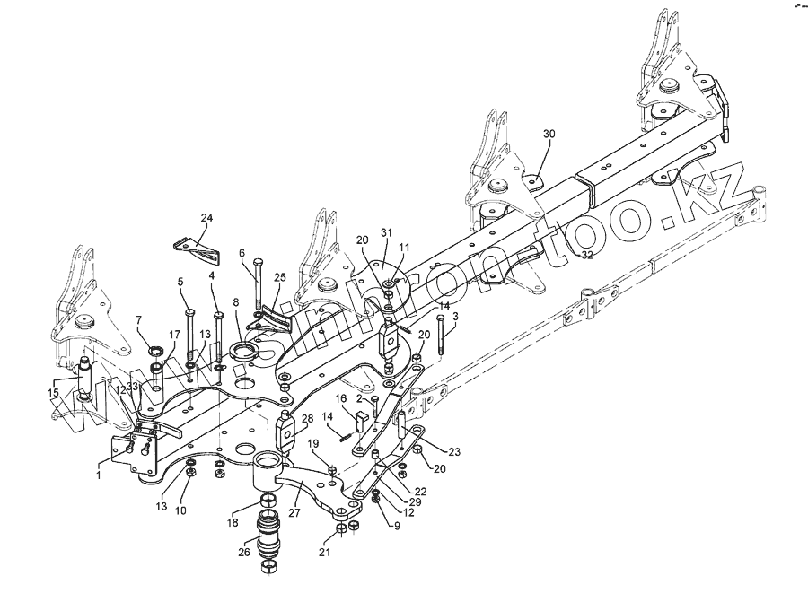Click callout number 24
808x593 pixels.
coord(207,218)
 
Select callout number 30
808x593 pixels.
coord(549,134)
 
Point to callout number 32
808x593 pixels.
coord(586,256)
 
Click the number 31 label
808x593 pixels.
coord(387,233)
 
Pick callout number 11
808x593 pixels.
coord(404,247)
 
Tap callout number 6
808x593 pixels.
coord(242,254)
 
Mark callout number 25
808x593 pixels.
coord(279,277)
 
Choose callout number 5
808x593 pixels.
coord(180,282)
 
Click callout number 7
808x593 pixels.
coord(139,319)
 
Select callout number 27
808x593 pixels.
coord(293,513)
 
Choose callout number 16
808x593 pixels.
coord(340,398)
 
